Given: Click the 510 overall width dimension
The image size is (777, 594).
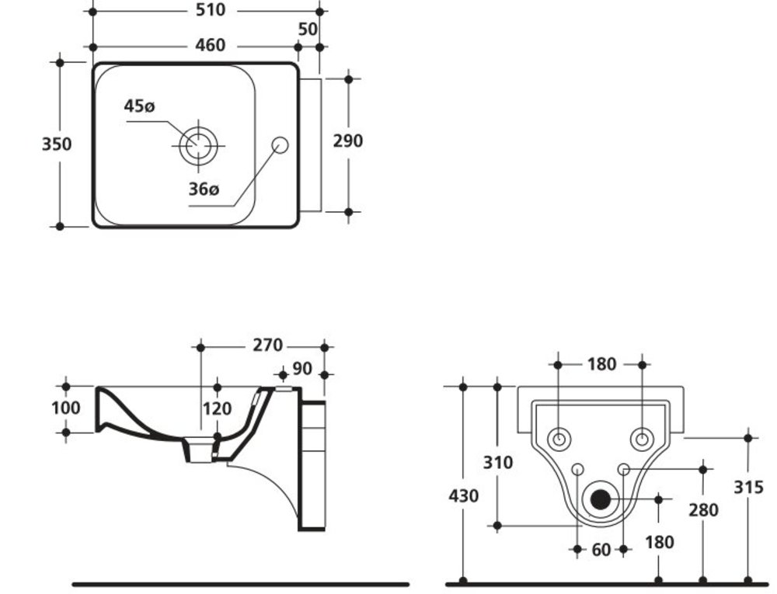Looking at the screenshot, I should [x=211, y=10].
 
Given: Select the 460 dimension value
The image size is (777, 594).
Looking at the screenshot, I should [x=211, y=46].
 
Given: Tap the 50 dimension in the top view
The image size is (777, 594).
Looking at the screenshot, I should [x=308, y=29].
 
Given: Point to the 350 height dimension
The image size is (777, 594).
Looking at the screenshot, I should [x=57, y=144].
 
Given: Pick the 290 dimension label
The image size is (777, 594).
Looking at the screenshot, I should [x=347, y=141].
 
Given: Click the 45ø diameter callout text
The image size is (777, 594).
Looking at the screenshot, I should [x=140, y=106].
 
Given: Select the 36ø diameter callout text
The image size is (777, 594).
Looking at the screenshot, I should [x=204, y=189].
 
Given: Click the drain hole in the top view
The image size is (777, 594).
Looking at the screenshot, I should [x=198, y=145].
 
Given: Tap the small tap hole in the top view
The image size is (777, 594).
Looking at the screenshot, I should [x=280, y=144].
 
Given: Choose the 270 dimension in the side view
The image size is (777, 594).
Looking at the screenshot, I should [x=267, y=346].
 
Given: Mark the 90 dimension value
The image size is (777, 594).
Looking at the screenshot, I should [x=302, y=368].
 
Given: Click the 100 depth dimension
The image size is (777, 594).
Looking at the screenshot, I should [x=66, y=408].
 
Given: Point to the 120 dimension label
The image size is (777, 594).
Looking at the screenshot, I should [x=217, y=408].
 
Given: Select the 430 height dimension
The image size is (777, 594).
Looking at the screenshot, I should [x=463, y=495].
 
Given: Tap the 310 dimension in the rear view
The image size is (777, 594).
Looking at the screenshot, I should [x=498, y=463].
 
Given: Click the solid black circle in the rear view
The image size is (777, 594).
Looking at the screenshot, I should [x=600, y=498].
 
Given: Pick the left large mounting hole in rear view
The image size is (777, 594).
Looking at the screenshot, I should [x=558, y=439].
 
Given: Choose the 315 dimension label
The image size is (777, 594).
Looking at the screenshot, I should [x=748, y=487].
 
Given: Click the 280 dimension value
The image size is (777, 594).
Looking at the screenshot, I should [x=703, y=510].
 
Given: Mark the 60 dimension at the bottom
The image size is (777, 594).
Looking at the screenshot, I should [x=601, y=550].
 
